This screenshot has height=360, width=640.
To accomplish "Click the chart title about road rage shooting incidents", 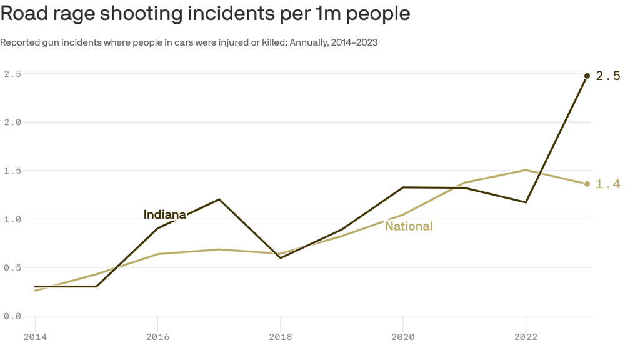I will pyautogui.click(x=205, y=14).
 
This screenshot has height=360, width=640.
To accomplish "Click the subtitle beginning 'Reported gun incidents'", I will pyautogui.click(x=189, y=42).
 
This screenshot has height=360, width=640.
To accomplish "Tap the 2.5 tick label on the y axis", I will pyautogui.click(x=12, y=74).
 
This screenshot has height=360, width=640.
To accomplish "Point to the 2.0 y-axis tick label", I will pyautogui.click(x=12, y=122).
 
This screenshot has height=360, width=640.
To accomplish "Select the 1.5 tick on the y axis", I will pyautogui.click(x=12, y=171).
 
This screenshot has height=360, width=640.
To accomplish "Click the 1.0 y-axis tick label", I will pyautogui.click(x=12, y=219).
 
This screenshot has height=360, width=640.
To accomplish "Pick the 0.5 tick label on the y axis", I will pyautogui.click(x=12, y=267).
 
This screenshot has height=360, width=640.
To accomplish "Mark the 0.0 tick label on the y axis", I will pyautogui.click(x=12, y=316).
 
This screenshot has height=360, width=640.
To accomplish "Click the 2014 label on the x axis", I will pyautogui.click(x=35, y=337).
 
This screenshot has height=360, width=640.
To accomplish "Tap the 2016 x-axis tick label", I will pyautogui.click(x=157, y=337).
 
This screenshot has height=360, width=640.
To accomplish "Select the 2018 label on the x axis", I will pyautogui.click(x=280, y=337).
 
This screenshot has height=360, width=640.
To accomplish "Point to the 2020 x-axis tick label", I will pyautogui.click(x=402, y=337).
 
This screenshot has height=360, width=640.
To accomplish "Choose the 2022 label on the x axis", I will pyautogui.click(x=526, y=337).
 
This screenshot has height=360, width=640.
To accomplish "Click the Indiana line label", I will pyautogui.click(x=164, y=215).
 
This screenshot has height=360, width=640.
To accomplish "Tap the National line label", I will pyautogui.click(x=408, y=226).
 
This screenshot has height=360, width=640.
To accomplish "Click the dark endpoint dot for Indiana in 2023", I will pyautogui.click(x=587, y=76).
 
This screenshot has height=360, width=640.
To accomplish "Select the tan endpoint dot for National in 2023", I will pyautogui.click(x=587, y=184).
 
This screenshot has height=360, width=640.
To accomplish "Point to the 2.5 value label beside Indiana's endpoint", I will pyautogui.click(x=607, y=76).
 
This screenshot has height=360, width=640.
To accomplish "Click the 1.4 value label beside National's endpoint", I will pyautogui.click(x=607, y=184).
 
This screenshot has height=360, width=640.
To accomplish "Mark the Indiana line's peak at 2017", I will pyautogui.click(x=219, y=199).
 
